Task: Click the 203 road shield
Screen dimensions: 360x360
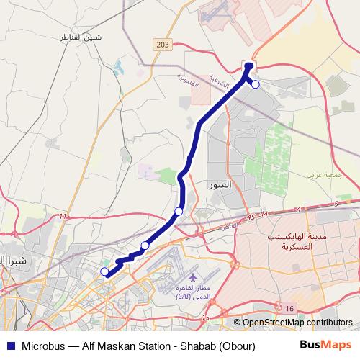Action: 162,45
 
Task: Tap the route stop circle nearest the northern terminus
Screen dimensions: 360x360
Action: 255,84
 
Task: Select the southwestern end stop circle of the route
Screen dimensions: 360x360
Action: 104,271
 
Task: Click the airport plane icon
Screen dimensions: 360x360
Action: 193,277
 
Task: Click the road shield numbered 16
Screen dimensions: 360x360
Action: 289,308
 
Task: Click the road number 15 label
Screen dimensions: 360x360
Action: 206,318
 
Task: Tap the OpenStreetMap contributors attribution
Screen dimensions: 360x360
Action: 297,323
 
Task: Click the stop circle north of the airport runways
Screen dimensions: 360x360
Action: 145,246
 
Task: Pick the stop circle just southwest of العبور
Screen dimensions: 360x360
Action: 179,211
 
